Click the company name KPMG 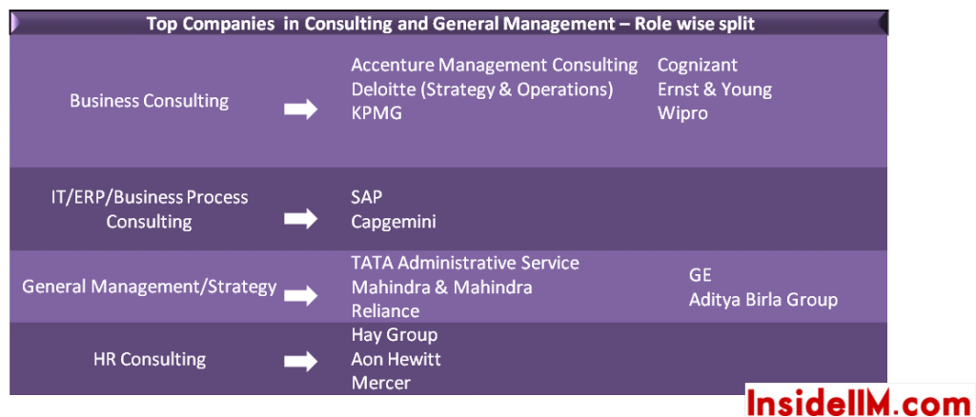coord(376,113)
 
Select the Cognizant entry coord(697,65)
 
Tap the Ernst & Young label coord(715,89)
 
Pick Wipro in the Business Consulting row coord(682,113)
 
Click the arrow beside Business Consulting coord(301,110)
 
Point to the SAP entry coord(367,197)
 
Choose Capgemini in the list coord(394,222)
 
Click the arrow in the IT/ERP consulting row coord(301,219)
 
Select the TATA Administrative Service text coord(465,263)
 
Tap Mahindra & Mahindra coord(441,288)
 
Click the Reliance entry coord(385,310)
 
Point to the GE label coord(701,275)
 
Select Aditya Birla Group coord(763,300)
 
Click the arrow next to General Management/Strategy coord(301,296)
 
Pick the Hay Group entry coord(395,335)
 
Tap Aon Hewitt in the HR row coord(396,359)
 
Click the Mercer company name coord(381,383)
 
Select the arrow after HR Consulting coord(301,362)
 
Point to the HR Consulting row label coord(150,359)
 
